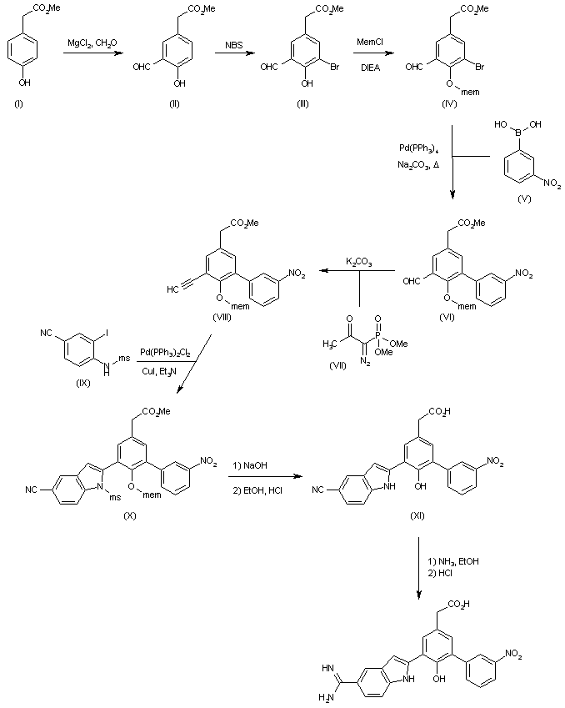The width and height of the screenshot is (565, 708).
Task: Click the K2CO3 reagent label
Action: (359, 262)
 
